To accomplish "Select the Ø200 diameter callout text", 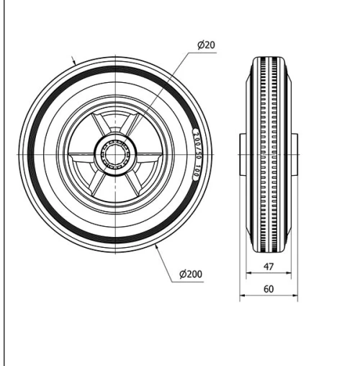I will tap(189, 274).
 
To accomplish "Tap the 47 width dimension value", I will tap(267, 267).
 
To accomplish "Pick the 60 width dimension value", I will tap(267, 288).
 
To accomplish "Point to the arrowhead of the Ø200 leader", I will tap(156, 246).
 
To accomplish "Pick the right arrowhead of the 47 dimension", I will tap(288, 274).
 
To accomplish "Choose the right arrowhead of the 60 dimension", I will tap(295, 295).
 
